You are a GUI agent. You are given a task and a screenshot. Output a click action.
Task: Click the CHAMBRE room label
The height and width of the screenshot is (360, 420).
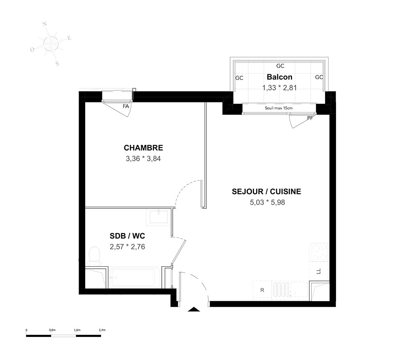pyautogui.click(x=143, y=148)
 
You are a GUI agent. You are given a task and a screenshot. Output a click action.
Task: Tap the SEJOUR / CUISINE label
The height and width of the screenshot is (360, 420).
pyautogui.click(x=266, y=192)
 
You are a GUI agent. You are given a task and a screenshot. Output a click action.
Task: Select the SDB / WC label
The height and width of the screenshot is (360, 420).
pyautogui.click(x=127, y=236)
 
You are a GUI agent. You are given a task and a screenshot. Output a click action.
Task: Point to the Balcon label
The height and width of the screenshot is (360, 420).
pyautogui.click(x=279, y=77)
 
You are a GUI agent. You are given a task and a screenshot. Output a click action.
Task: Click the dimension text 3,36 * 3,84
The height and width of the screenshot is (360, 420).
pyautogui.click(x=143, y=158)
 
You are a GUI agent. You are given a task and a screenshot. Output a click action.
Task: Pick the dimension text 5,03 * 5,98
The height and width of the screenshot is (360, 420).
pyautogui.click(x=267, y=202)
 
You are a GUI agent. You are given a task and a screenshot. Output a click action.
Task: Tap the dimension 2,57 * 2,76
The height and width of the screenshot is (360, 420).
pyautogui.click(x=127, y=247)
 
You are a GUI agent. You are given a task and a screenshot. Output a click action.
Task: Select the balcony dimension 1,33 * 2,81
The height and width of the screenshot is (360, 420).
pyautogui.click(x=279, y=88)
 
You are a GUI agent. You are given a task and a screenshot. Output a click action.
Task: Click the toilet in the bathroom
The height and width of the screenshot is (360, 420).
pyautogui.click(x=94, y=255)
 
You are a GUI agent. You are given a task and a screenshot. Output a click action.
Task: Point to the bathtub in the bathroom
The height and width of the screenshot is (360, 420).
pyautogui.click(x=136, y=278)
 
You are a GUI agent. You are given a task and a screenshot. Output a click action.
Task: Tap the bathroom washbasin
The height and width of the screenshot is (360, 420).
pyautogui.click(x=159, y=217)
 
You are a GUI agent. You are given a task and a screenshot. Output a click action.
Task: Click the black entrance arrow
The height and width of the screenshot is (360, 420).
pyautogui.click(x=194, y=309)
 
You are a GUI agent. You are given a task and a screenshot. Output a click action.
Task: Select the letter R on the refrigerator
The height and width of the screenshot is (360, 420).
pyautogui.click(x=262, y=290)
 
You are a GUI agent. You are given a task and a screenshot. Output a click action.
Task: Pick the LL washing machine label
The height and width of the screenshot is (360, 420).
pyautogui.click(x=318, y=271)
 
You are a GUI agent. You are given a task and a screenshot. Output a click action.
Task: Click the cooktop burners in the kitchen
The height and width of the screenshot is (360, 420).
pyautogui.click(x=319, y=252)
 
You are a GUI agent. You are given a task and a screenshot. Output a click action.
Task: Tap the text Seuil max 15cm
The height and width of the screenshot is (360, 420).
pyautogui.click(x=278, y=108)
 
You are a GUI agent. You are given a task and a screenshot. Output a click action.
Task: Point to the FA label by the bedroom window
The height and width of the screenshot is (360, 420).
pyautogui.click(x=126, y=106)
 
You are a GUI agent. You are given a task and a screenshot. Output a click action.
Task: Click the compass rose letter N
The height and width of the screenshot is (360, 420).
pyautogui.click(x=45, y=24)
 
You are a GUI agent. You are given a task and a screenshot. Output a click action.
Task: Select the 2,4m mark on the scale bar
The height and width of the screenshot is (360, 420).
pyautogui.click(x=102, y=330)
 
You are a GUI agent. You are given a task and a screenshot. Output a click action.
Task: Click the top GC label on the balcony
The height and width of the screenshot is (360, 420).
pyautogui.click(x=280, y=66)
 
